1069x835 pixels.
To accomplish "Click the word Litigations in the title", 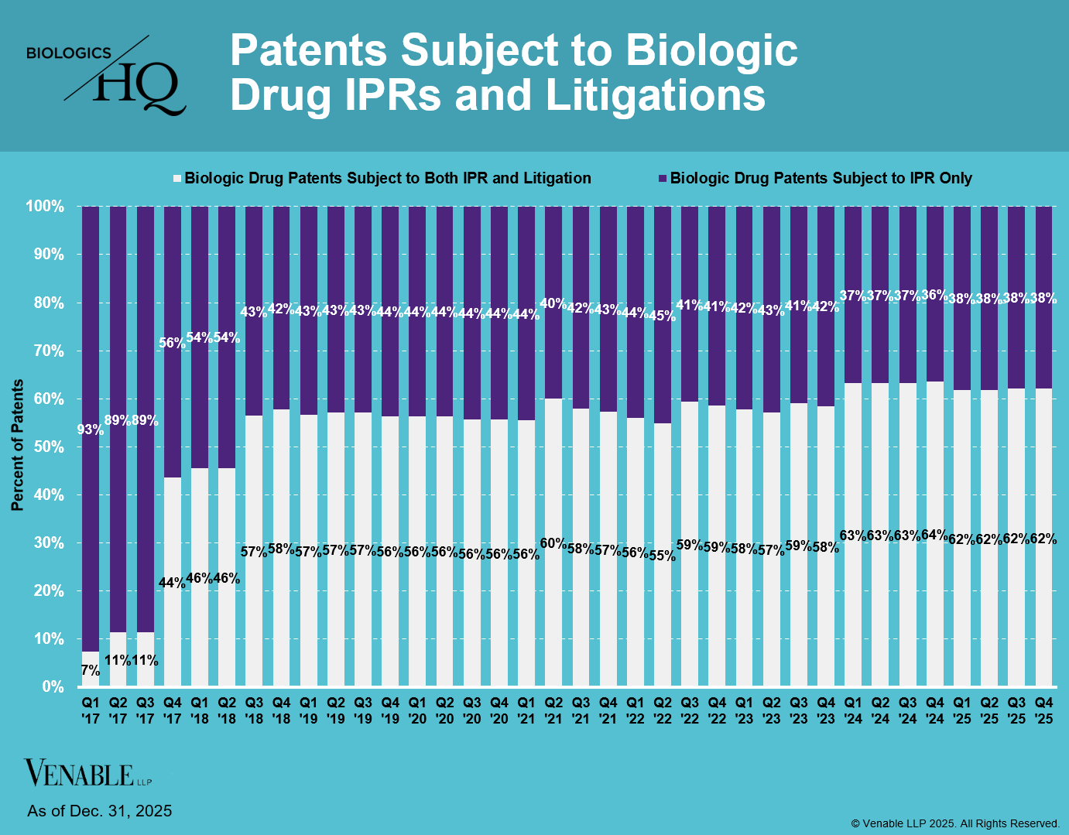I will click(656, 95).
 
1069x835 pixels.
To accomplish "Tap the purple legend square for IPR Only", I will click(663, 178).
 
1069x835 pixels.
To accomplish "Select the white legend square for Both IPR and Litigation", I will click(177, 178).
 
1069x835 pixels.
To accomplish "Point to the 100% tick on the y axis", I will click(45, 207).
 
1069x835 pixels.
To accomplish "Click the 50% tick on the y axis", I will click(48, 447).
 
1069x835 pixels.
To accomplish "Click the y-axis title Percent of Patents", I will click(17, 445).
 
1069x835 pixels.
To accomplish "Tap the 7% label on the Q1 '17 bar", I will click(91, 671).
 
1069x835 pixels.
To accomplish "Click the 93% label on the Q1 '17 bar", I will click(91, 429).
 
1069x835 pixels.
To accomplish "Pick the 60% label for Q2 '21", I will click(553, 543).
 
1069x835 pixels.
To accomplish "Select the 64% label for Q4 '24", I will click(935, 536).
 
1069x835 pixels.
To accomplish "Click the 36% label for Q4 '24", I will click(935, 295).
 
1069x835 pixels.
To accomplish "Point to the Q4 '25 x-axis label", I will click(1043, 710).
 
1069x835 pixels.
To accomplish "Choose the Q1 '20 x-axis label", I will click(417, 710).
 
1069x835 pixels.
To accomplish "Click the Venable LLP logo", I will click(80, 773).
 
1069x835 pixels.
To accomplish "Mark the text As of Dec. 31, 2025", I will click(100, 811).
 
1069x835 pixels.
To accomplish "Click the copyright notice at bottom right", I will click(955, 823).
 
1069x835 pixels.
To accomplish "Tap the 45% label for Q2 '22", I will click(663, 316).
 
